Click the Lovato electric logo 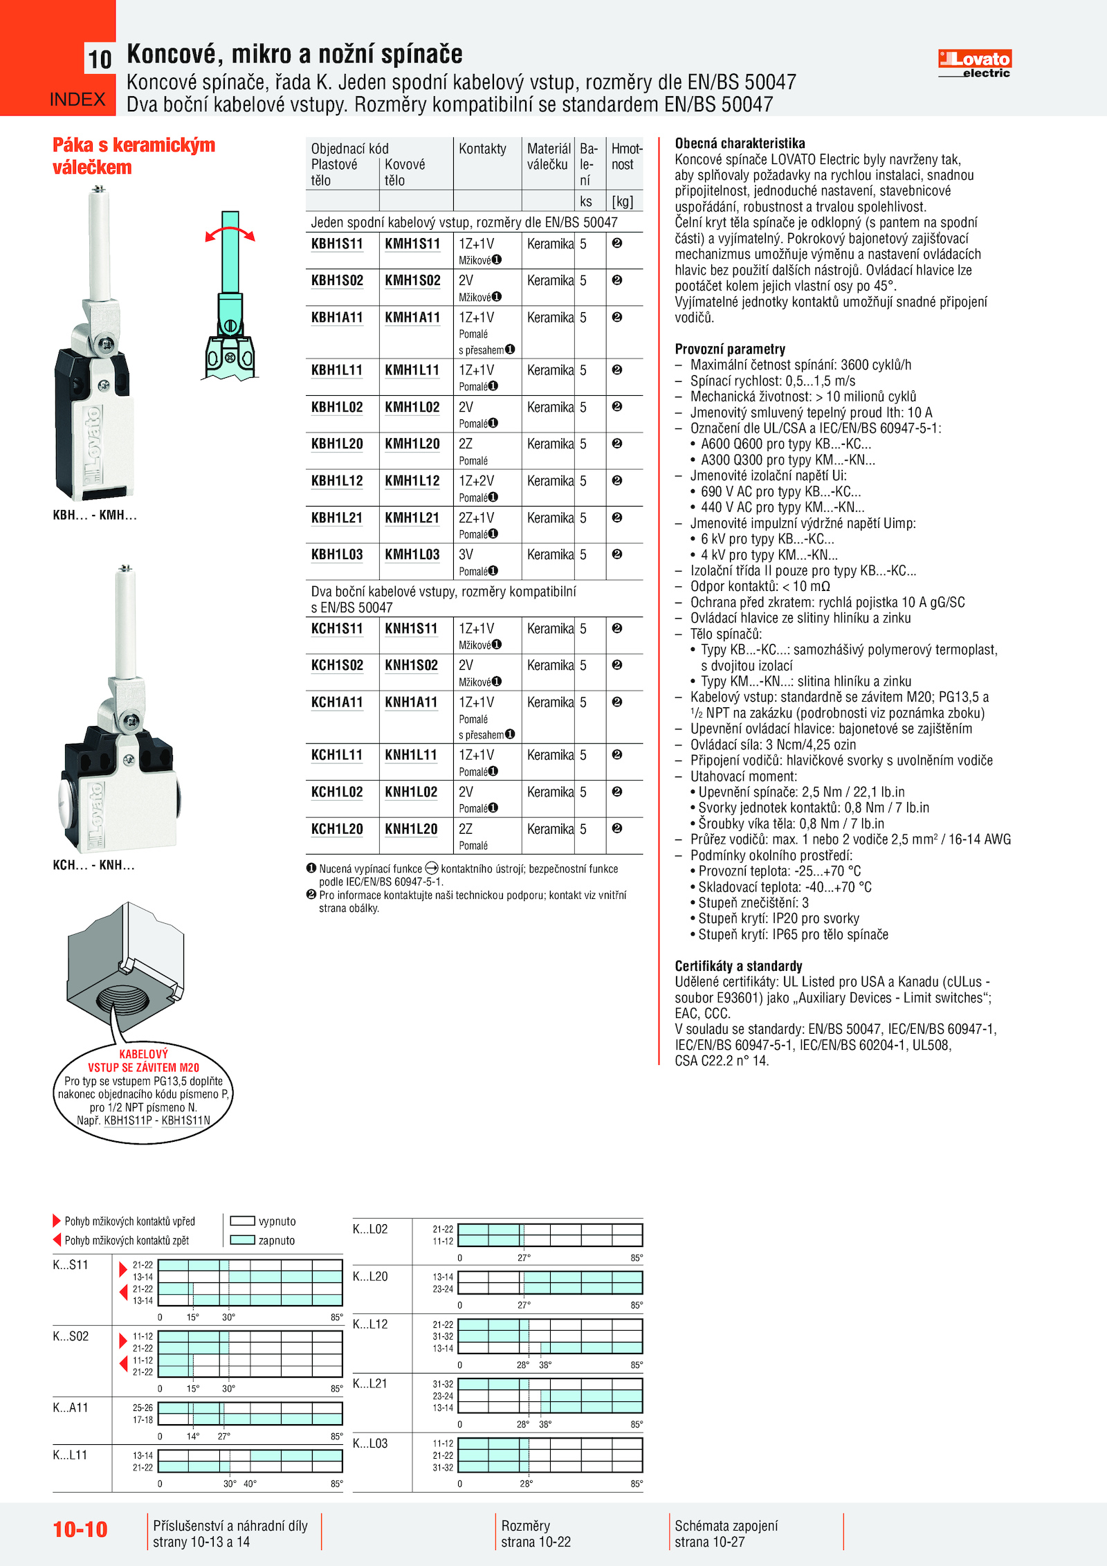click(974, 63)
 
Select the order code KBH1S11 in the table click(337, 244)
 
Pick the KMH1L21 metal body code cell click(412, 518)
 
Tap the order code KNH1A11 click(411, 702)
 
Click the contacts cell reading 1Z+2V click(476, 480)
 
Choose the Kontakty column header click(482, 149)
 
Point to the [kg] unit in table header click(622, 201)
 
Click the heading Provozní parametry click(730, 349)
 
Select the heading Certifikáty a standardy click(738, 965)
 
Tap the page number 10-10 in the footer click(80, 1529)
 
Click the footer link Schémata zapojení click(726, 1525)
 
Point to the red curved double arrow click(230, 232)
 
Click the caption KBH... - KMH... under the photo click(95, 515)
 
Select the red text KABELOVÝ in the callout click(143, 1054)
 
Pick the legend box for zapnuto click(242, 1240)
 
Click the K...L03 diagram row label click(370, 1444)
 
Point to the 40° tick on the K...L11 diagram click(250, 1484)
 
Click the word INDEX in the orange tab click(77, 100)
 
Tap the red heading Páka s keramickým click(134, 145)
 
